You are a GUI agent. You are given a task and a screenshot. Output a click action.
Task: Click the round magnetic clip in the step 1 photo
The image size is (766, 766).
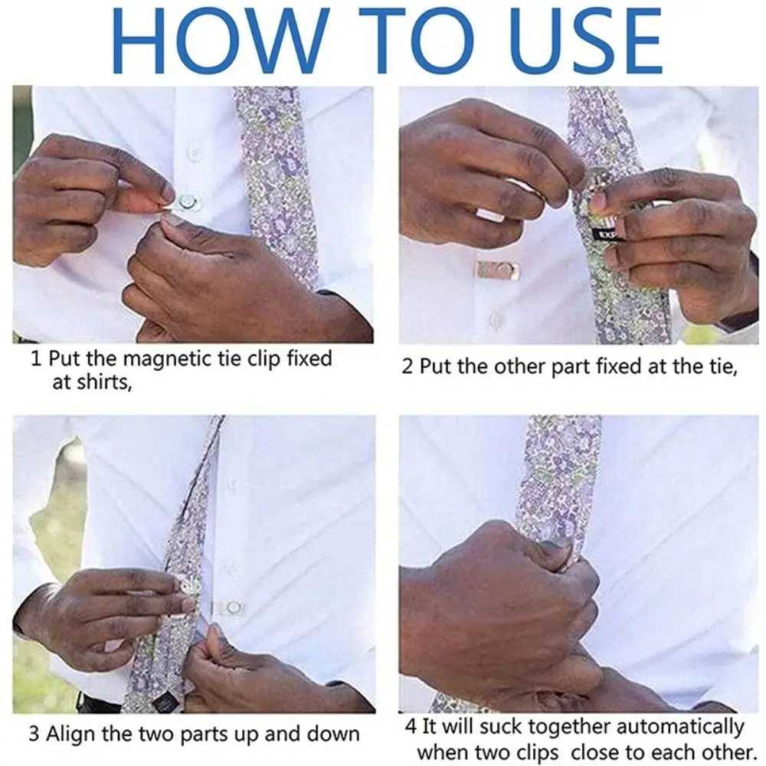click(x=185, y=202)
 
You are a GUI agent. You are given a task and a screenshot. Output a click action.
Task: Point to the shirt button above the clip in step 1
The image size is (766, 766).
click(x=194, y=154)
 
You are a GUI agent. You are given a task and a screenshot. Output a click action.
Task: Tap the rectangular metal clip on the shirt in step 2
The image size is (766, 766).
click(x=496, y=270)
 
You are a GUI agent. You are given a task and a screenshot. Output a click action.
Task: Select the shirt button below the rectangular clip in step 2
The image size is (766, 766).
click(x=496, y=320)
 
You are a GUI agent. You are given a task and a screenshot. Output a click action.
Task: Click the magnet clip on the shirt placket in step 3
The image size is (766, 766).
click(x=231, y=607)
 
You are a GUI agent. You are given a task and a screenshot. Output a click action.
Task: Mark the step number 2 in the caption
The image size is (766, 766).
click(x=408, y=367)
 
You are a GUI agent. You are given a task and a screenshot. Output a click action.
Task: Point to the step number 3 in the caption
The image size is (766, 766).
click(x=34, y=734)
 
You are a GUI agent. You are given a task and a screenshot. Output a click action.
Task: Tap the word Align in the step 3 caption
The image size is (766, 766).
click(x=71, y=734)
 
